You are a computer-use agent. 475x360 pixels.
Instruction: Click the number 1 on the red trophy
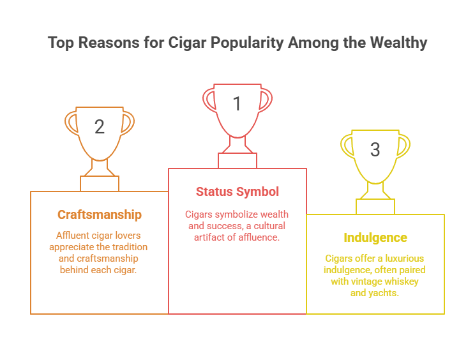tap(237, 103)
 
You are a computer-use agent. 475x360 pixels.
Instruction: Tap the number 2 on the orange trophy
tap(100, 126)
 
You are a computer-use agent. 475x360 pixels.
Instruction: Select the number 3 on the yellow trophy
tap(375, 149)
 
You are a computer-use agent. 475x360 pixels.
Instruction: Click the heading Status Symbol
tap(237, 191)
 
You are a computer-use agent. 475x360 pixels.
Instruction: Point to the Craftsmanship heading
tap(100, 214)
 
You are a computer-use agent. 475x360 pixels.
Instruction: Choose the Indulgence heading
tap(375, 237)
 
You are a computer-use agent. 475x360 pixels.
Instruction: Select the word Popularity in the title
tap(247, 43)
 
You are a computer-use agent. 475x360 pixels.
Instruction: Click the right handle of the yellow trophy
tap(403, 146)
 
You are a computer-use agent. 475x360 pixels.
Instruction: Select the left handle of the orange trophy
tap(72, 123)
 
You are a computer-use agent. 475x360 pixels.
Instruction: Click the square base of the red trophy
tap(237, 161)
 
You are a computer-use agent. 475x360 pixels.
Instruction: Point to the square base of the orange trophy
tap(100, 184)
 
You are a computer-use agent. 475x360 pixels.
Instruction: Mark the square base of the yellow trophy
tap(375, 207)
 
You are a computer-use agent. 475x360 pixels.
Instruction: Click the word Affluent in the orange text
tap(72, 236)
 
